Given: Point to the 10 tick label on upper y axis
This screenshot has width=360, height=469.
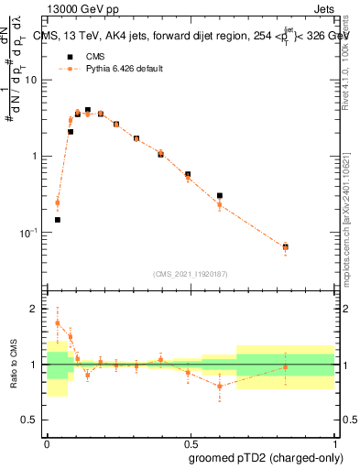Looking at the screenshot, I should pyautogui.click(x=32, y=80).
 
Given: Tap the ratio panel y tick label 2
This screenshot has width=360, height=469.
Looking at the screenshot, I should pyautogui.click(x=37, y=309).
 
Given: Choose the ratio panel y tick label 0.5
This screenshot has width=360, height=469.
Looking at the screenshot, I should pyautogui.click(x=32, y=421).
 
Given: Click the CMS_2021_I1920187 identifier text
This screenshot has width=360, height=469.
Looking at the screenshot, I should pyautogui.click(x=190, y=274).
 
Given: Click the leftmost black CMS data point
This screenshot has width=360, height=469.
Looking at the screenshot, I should pyautogui.click(x=58, y=220).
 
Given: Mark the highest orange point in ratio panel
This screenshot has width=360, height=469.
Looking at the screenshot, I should pyautogui.click(x=58, y=322).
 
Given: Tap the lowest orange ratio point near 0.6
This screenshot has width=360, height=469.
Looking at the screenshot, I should pyautogui.click(x=220, y=386).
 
